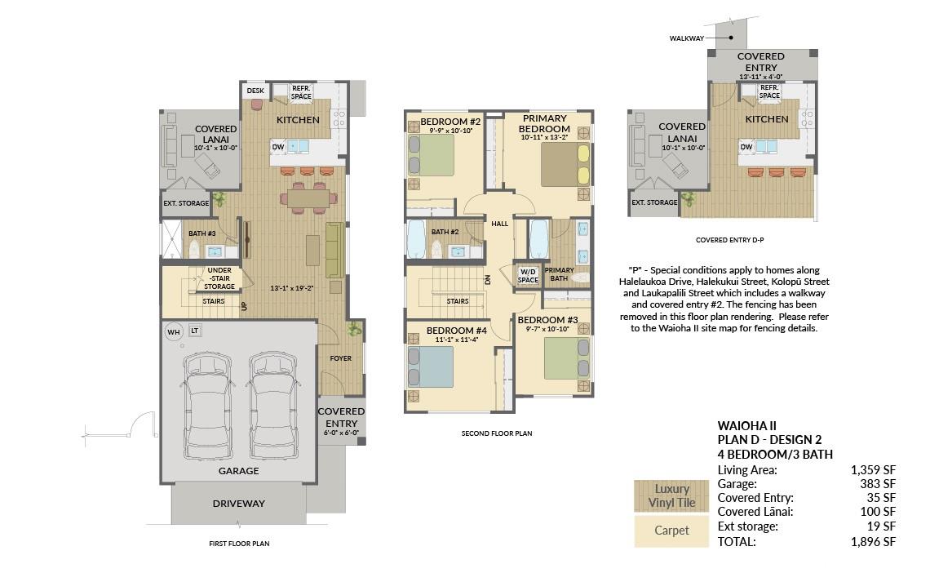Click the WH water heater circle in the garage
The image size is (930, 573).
click(x=173, y=332)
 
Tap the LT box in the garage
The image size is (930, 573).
click(x=194, y=331)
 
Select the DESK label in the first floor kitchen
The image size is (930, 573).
click(x=255, y=91)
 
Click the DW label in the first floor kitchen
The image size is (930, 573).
click(x=278, y=146)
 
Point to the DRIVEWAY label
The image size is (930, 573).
click(x=238, y=504)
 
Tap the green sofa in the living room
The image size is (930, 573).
click(x=334, y=250)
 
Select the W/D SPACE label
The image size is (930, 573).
click(x=528, y=276)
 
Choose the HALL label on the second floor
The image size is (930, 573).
click(x=500, y=224)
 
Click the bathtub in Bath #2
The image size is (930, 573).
click(x=416, y=240)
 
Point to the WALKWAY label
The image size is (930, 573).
click(x=687, y=38)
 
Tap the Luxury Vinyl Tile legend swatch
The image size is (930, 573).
click(x=671, y=496)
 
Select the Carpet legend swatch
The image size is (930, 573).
click(x=671, y=531)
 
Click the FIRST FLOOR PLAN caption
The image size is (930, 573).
click(x=239, y=544)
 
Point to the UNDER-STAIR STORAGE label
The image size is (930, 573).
click(x=219, y=278)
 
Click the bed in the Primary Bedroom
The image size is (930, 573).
click(x=566, y=164)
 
